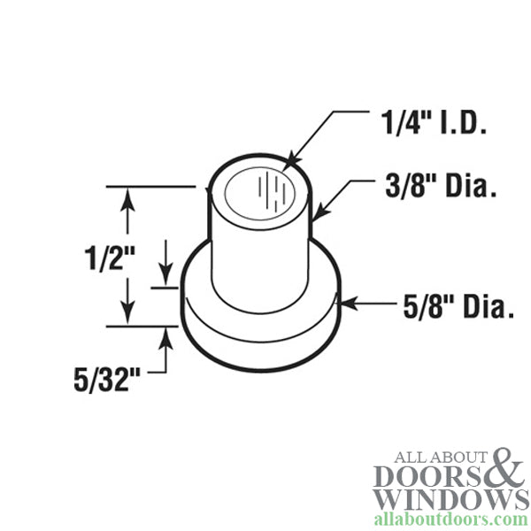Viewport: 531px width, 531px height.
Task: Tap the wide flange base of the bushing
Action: click(x=261, y=332)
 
